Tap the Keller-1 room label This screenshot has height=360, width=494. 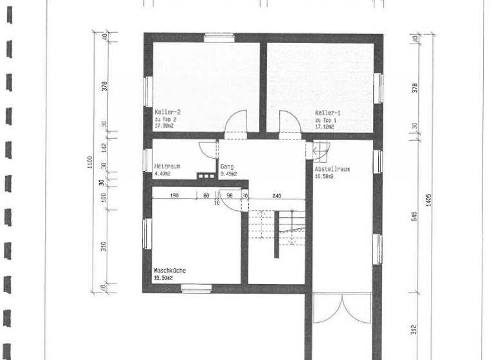[x=326, y=112]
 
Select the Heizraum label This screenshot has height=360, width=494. [x=167, y=166]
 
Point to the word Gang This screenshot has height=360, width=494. [x=227, y=166]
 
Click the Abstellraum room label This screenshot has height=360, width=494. [x=332, y=169]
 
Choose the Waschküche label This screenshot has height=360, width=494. [x=170, y=271]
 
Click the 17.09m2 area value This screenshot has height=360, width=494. [x=165, y=127]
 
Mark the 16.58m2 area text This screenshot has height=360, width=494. [x=324, y=176]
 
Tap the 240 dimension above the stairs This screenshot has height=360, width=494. [x=277, y=195]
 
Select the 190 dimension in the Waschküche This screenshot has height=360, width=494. [x=174, y=195]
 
